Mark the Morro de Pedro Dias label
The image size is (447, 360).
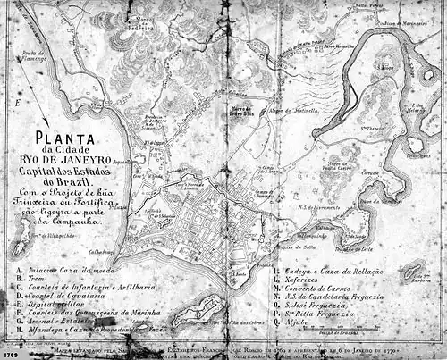240,111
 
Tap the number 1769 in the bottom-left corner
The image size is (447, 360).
11,354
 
